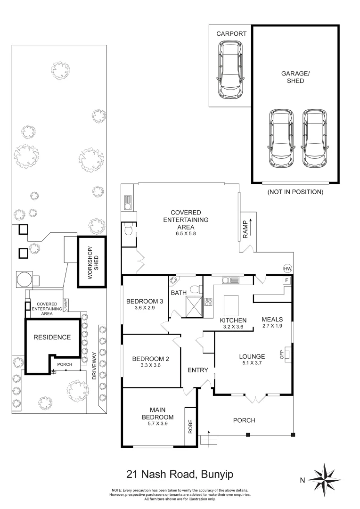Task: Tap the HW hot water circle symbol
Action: point(287,268)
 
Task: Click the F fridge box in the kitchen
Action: point(286,280)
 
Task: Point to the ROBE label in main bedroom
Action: point(191,427)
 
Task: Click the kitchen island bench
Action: point(230,305)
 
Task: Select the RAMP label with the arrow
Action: point(245,230)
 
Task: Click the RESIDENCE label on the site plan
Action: point(52,337)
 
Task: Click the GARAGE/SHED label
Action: point(293,77)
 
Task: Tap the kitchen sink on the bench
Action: point(231,281)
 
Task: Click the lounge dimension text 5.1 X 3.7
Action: point(252,363)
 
